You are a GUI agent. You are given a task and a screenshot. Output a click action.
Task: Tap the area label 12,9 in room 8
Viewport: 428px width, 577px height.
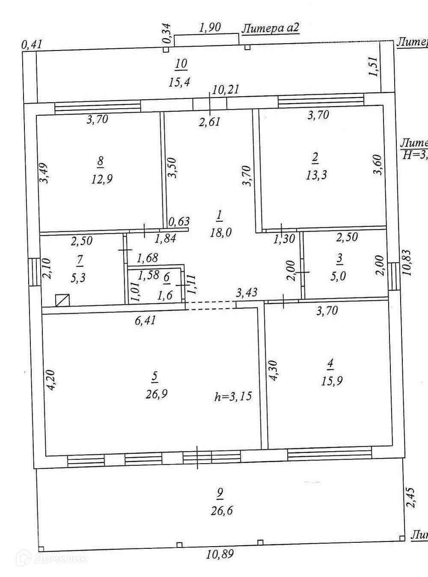[x=101, y=179]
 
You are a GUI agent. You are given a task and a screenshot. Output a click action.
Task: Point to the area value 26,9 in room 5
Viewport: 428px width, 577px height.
[x=156, y=393]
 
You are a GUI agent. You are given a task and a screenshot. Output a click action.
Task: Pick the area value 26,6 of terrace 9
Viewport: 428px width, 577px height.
[x=221, y=510]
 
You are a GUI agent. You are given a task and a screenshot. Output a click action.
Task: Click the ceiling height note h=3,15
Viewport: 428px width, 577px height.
[x=233, y=396]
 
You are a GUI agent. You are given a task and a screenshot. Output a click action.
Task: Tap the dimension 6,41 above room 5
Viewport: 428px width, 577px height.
[x=145, y=320]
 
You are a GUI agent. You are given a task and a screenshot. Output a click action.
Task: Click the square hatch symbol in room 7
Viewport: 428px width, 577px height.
[x=63, y=300]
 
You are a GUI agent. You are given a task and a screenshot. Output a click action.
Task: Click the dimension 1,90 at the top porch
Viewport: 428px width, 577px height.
[x=210, y=27]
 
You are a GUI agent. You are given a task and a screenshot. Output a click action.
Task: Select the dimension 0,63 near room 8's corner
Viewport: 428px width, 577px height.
[x=178, y=222]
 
